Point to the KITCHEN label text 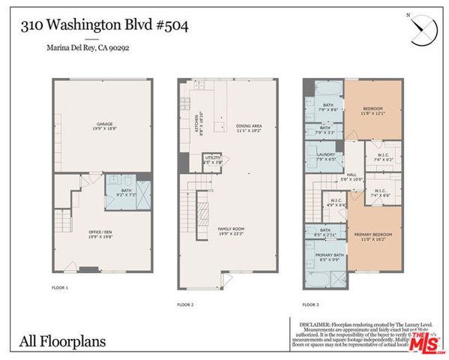pos(196,127)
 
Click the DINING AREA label pos(247,127)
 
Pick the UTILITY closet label pos(213,160)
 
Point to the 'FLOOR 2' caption pos(185,305)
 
